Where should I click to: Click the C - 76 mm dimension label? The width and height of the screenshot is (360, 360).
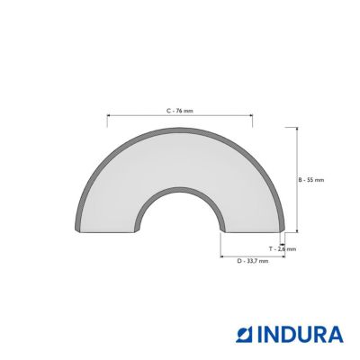click(180, 111)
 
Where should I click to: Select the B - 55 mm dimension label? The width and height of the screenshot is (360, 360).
click(311, 180)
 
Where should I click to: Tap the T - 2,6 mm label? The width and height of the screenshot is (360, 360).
click(283, 248)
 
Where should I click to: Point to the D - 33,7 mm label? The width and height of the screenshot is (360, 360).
click(253, 261)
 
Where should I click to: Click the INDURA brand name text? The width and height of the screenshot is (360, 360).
click(300, 335)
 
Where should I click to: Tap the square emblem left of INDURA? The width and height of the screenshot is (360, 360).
click(244, 335)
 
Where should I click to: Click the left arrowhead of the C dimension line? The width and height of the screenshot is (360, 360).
click(109, 115)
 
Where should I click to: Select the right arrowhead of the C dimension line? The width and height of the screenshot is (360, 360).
click(251, 115)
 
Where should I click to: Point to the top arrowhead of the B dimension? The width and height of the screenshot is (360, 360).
click(297, 130)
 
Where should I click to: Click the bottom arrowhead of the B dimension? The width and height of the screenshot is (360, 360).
click(297, 230)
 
